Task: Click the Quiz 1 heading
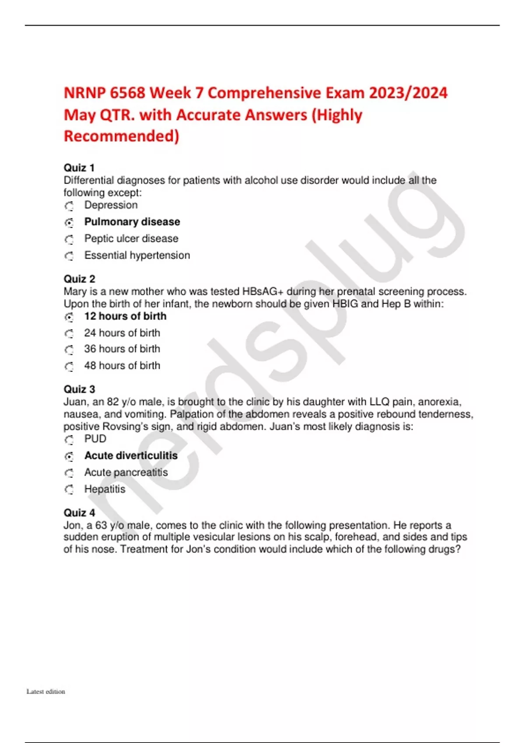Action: (79, 168)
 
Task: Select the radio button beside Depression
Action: (69, 206)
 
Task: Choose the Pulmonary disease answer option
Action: (132, 222)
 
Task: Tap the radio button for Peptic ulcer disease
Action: (69, 240)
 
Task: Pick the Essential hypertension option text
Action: (137, 255)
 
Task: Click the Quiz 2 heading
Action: (79, 279)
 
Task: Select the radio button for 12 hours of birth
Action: (69, 317)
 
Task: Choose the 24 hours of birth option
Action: (122, 333)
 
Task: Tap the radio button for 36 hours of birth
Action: (69, 350)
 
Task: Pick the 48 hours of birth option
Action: (122, 365)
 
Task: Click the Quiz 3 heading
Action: (79, 389)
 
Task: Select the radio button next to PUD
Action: (69, 440)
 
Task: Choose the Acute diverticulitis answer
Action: (131, 456)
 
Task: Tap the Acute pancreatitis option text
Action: (126, 472)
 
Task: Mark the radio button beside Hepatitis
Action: (69, 490)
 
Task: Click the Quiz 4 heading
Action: (79, 513)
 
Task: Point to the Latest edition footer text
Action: (45, 691)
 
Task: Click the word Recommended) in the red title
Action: (122, 136)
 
